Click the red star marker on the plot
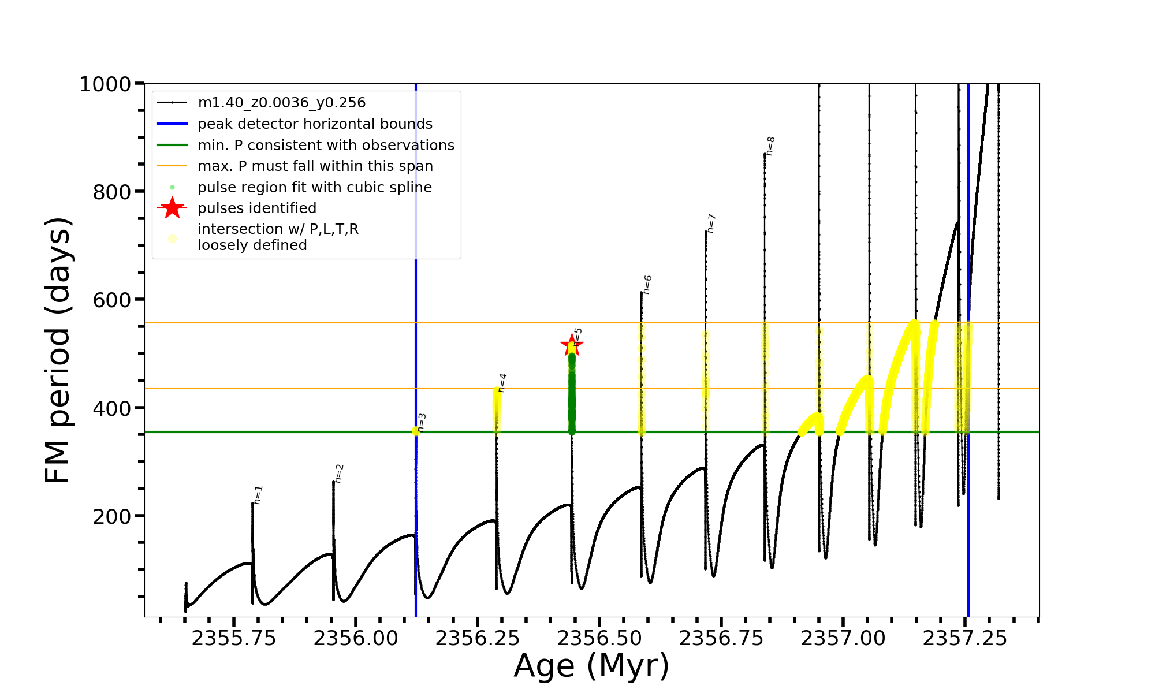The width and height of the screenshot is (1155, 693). (x=572, y=345)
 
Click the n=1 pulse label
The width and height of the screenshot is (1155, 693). (x=258, y=495)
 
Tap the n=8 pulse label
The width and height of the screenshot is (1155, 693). (x=770, y=146)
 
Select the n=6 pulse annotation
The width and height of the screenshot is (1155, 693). (x=647, y=285)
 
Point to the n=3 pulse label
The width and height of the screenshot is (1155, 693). (x=422, y=422)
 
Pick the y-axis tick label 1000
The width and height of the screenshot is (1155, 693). (x=105, y=84)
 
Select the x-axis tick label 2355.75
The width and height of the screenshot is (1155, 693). (x=234, y=638)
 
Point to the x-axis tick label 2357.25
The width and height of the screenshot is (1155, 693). (x=964, y=638)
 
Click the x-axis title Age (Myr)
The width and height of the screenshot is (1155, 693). (x=591, y=666)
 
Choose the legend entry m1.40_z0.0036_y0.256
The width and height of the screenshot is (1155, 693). (x=281, y=103)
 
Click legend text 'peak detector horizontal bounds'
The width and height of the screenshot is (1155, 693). (x=315, y=124)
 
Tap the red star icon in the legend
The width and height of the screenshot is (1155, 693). (x=172, y=208)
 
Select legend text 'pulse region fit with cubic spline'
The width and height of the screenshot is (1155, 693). (x=314, y=188)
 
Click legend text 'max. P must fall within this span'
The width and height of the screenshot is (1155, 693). (x=315, y=166)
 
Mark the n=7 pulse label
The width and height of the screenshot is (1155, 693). (x=711, y=223)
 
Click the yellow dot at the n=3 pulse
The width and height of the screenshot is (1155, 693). (x=416, y=431)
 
